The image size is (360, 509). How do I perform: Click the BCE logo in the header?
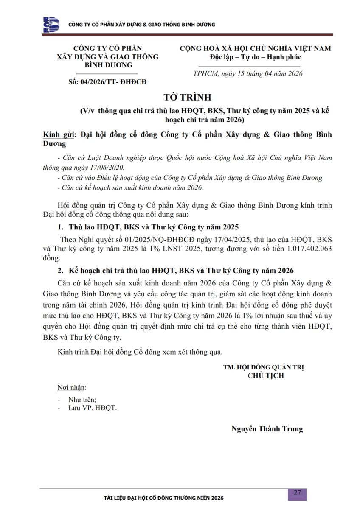point(51,25)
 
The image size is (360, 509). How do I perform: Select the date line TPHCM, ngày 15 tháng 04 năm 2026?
point(248,74)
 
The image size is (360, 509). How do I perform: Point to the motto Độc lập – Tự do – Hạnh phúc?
point(255,57)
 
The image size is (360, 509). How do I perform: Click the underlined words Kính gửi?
point(59,135)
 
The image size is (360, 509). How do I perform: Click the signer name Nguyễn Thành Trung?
point(267,429)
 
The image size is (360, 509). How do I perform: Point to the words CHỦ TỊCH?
point(266,375)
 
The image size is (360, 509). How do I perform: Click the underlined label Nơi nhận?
point(72,388)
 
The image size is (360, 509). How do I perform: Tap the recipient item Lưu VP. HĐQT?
point(92,408)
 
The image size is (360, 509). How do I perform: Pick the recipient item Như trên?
point(82,399)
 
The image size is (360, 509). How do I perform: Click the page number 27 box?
point(297,493)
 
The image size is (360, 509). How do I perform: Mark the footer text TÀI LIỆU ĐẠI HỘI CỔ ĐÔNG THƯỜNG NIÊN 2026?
point(163,498)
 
